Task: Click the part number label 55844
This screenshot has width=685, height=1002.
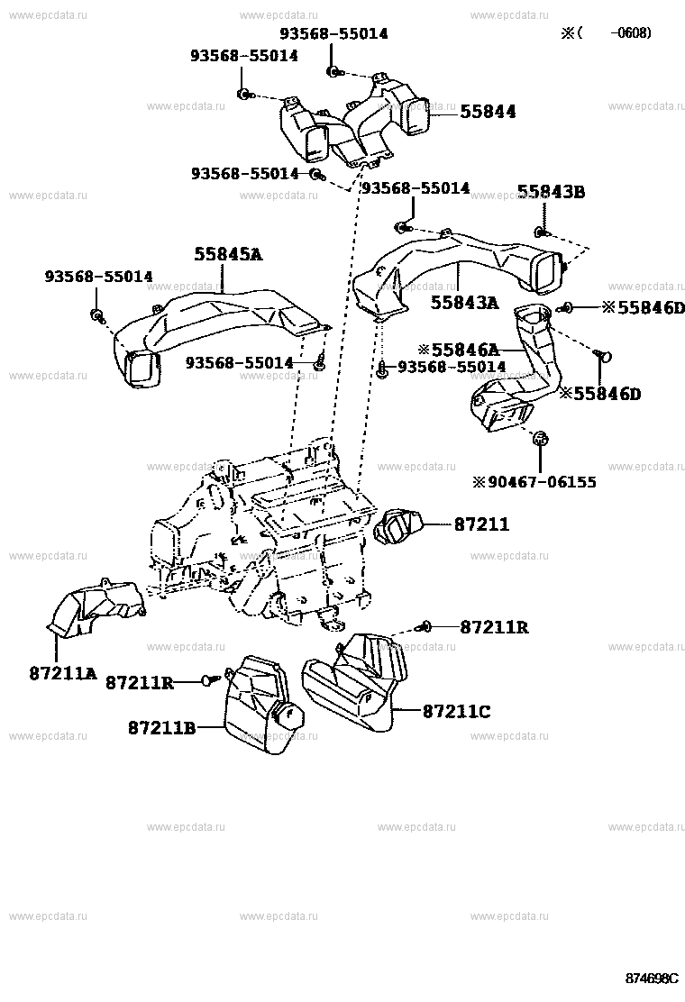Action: [488, 112]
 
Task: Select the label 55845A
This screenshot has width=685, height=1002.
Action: [227, 255]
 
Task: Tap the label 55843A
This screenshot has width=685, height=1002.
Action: [463, 304]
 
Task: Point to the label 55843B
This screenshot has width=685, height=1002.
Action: [551, 191]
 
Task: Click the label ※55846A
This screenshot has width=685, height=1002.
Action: [457, 349]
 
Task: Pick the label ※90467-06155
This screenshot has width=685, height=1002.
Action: [534, 482]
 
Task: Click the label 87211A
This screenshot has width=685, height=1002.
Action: [61, 672]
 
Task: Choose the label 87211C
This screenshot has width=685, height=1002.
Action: [456, 712]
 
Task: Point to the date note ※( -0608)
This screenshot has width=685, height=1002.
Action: [606, 33]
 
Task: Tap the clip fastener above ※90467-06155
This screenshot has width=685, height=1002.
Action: [541, 440]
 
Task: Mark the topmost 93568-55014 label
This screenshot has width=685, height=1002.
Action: [333, 33]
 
